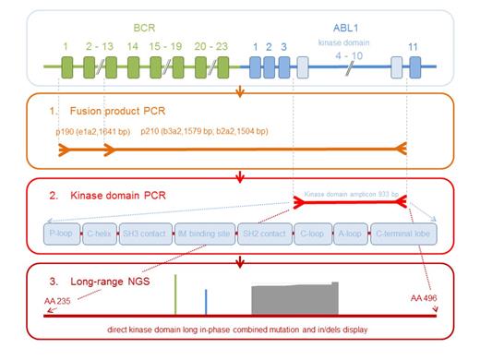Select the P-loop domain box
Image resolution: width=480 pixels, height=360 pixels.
[61, 234]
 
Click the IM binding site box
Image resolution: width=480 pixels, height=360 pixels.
[203, 234]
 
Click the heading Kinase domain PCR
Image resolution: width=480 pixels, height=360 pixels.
[104, 195]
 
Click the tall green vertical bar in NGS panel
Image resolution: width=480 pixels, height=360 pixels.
[175, 295]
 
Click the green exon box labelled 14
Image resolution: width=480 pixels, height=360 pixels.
[131, 66]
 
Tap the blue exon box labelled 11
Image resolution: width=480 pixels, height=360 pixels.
[414, 66]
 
